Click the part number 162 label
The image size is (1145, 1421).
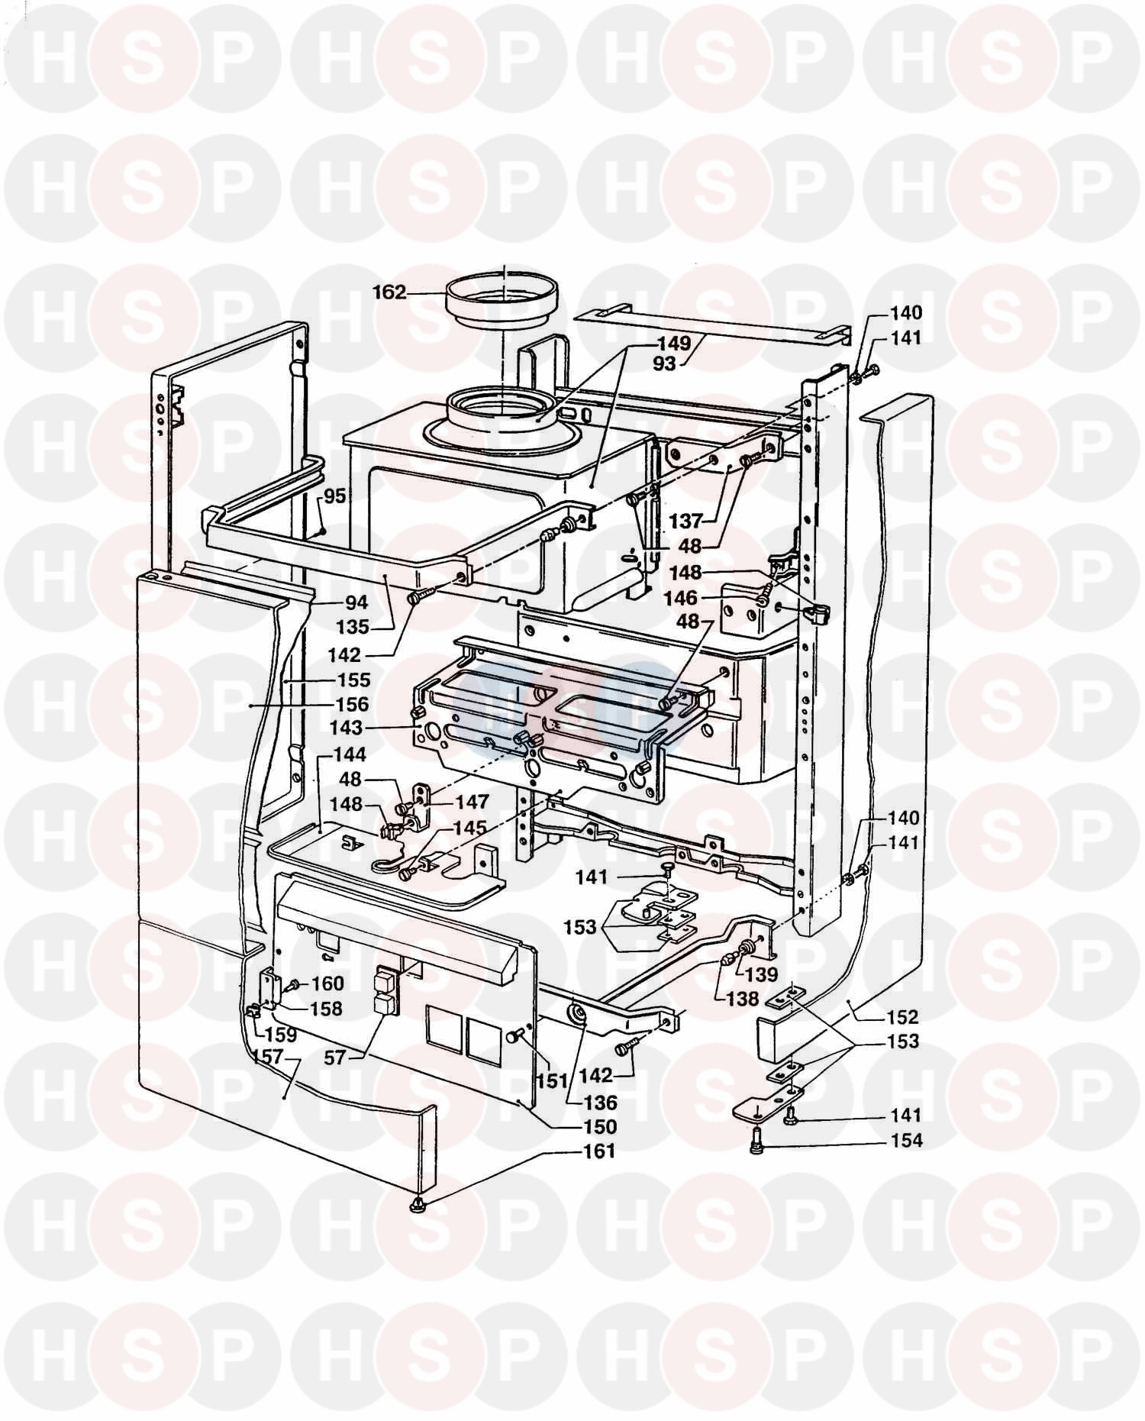(x=389, y=292)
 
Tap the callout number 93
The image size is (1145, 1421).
(x=664, y=364)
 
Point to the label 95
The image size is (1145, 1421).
(x=335, y=496)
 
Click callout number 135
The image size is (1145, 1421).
(x=353, y=628)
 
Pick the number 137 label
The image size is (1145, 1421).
(x=685, y=522)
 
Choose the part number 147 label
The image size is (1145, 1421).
(x=472, y=803)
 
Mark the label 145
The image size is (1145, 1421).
(x=470, y=828)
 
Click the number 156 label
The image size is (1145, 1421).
(x=352, y=704)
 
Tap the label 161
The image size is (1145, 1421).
(x=599, y=1151)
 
